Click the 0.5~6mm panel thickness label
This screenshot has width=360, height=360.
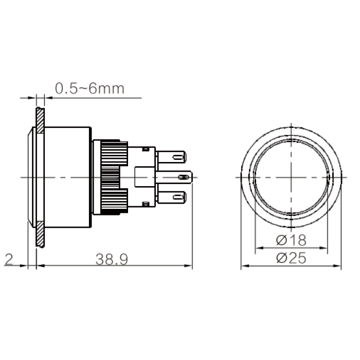tap(90, 88)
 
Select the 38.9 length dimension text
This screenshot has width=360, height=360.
tap(112, 259)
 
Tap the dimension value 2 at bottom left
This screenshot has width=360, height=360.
tap(9, 259)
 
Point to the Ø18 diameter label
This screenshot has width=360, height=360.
tap(291, 240)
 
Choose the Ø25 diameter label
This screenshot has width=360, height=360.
tap(291, 258)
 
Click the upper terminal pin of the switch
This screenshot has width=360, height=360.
tap(171, 157)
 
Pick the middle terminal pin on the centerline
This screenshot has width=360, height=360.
tap(174, 177)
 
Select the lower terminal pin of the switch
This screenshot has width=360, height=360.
tap(171, 197)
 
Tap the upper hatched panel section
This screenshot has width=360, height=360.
tap(40, 120)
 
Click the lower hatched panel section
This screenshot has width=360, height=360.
tap(40, 234)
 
